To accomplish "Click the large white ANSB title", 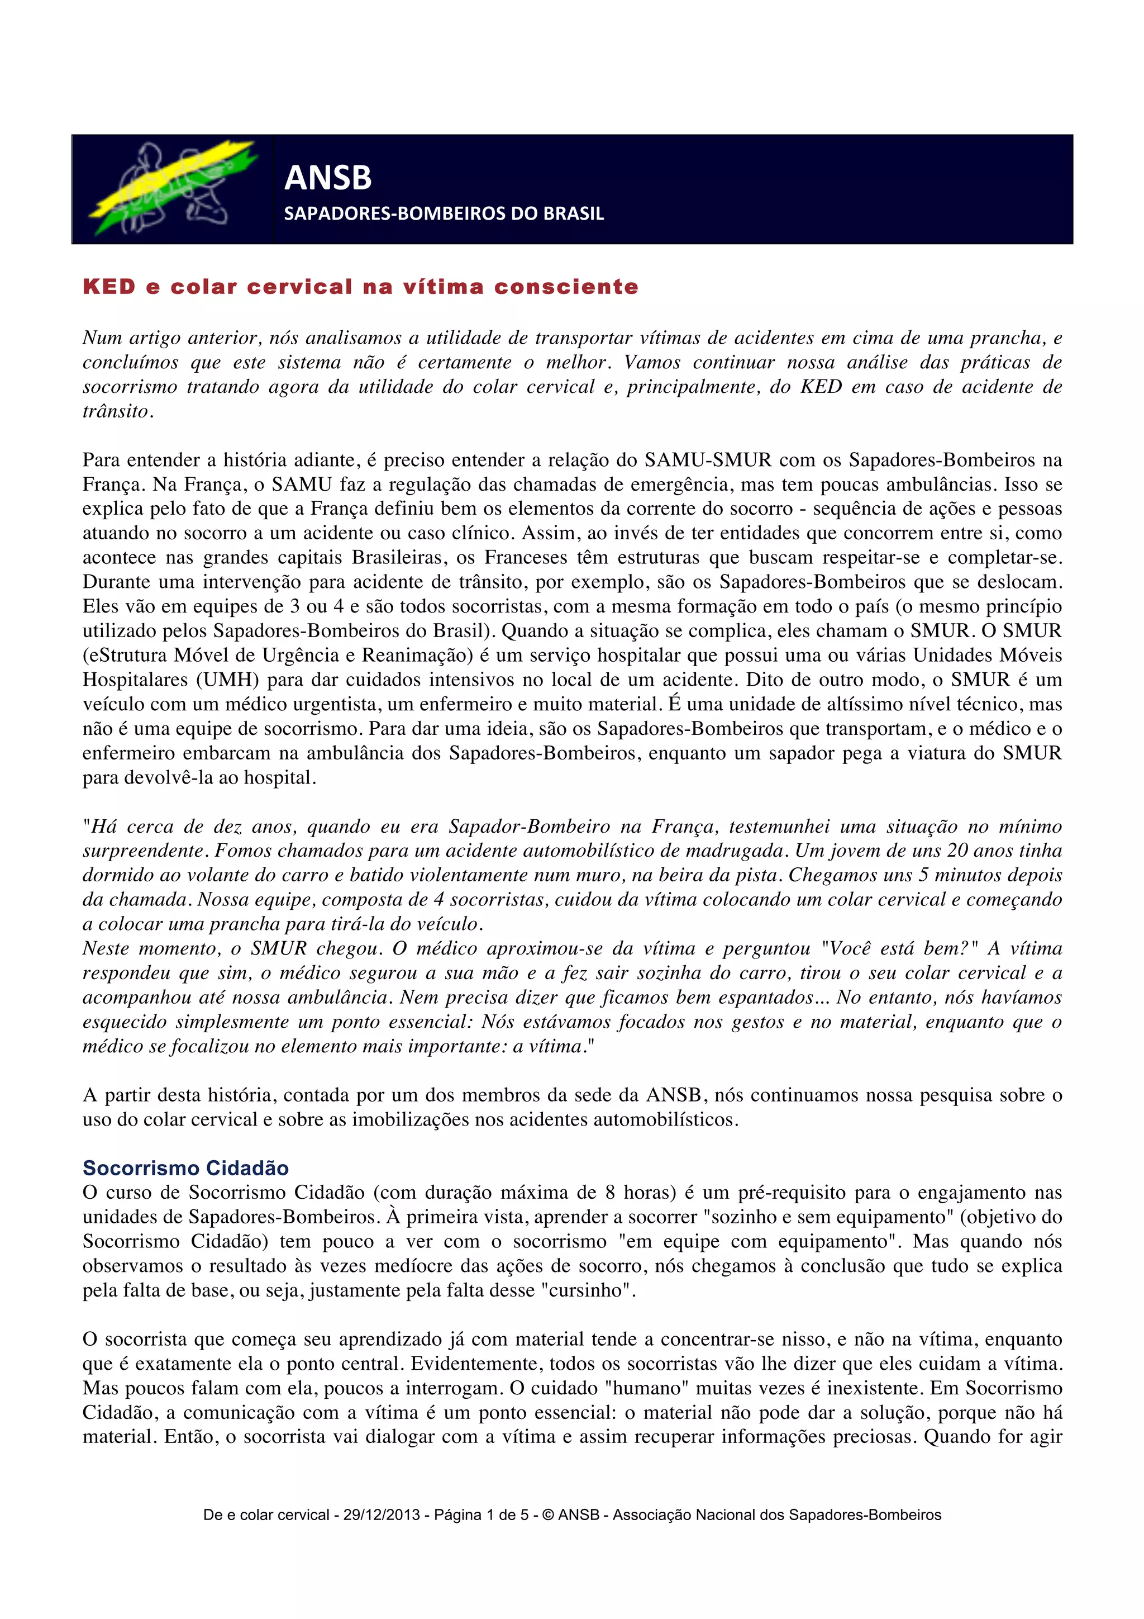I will (x=328, y=178).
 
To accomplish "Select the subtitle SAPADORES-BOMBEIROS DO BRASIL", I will (x=444, y=213).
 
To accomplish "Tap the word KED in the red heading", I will (x=109, y=287).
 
